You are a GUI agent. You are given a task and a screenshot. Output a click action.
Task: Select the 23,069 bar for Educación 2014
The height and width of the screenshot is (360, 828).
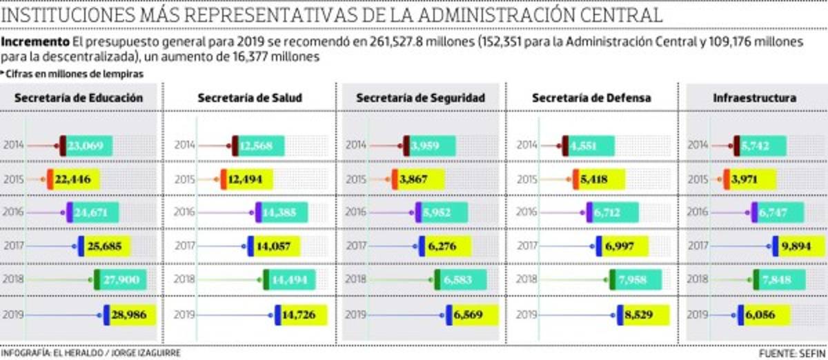point(86,146)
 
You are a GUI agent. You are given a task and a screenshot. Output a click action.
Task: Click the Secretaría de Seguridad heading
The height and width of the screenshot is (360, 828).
point(420,98)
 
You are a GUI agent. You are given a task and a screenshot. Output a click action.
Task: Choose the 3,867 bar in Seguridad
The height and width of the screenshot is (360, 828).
point(418,179)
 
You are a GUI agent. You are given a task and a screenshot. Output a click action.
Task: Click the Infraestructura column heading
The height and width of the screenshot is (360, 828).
point(754,98)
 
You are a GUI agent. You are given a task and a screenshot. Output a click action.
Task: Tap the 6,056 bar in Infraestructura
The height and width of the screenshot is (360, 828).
point(763,314)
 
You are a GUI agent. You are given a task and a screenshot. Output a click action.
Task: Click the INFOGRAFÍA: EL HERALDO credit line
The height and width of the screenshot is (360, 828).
point(91,352)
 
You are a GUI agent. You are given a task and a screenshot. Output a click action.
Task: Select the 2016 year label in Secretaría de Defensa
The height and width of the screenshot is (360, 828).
point(526,212)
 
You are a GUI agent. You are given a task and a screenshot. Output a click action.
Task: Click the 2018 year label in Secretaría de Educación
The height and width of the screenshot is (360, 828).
point(14,280)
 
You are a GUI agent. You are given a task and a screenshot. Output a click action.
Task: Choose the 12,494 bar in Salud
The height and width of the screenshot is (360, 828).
point(246,179)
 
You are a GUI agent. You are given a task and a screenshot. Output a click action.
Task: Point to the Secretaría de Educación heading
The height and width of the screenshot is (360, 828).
point(79,98)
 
